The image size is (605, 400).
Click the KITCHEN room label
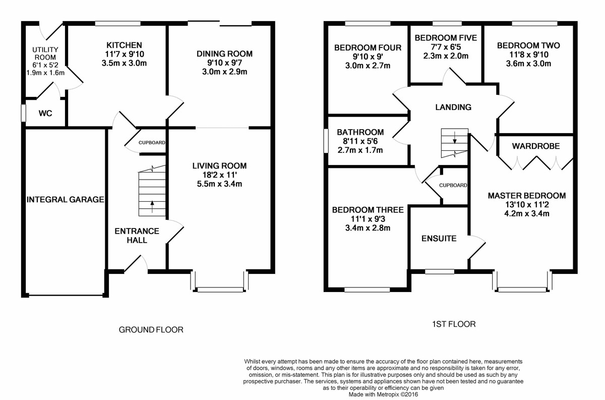point(117,45)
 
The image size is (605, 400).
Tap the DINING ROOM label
point(224,53)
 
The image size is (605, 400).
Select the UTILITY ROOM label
point(45,53)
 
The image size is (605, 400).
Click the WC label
point(45,113)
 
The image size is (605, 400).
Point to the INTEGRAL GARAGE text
point(65,200)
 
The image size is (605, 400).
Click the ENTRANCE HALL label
point(137,236)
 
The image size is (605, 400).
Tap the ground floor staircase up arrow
point(152,205)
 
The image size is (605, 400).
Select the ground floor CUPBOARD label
point(152,143)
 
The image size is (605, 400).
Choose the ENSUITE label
point(439,238)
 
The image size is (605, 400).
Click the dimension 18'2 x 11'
point(219,175)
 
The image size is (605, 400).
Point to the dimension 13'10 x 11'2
point(526,205)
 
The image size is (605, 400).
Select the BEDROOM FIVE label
point(445,37)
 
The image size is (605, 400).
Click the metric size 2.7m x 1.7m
point(360,150)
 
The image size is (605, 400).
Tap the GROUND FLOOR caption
point(151,330)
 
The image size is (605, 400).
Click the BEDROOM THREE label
point(360,210)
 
